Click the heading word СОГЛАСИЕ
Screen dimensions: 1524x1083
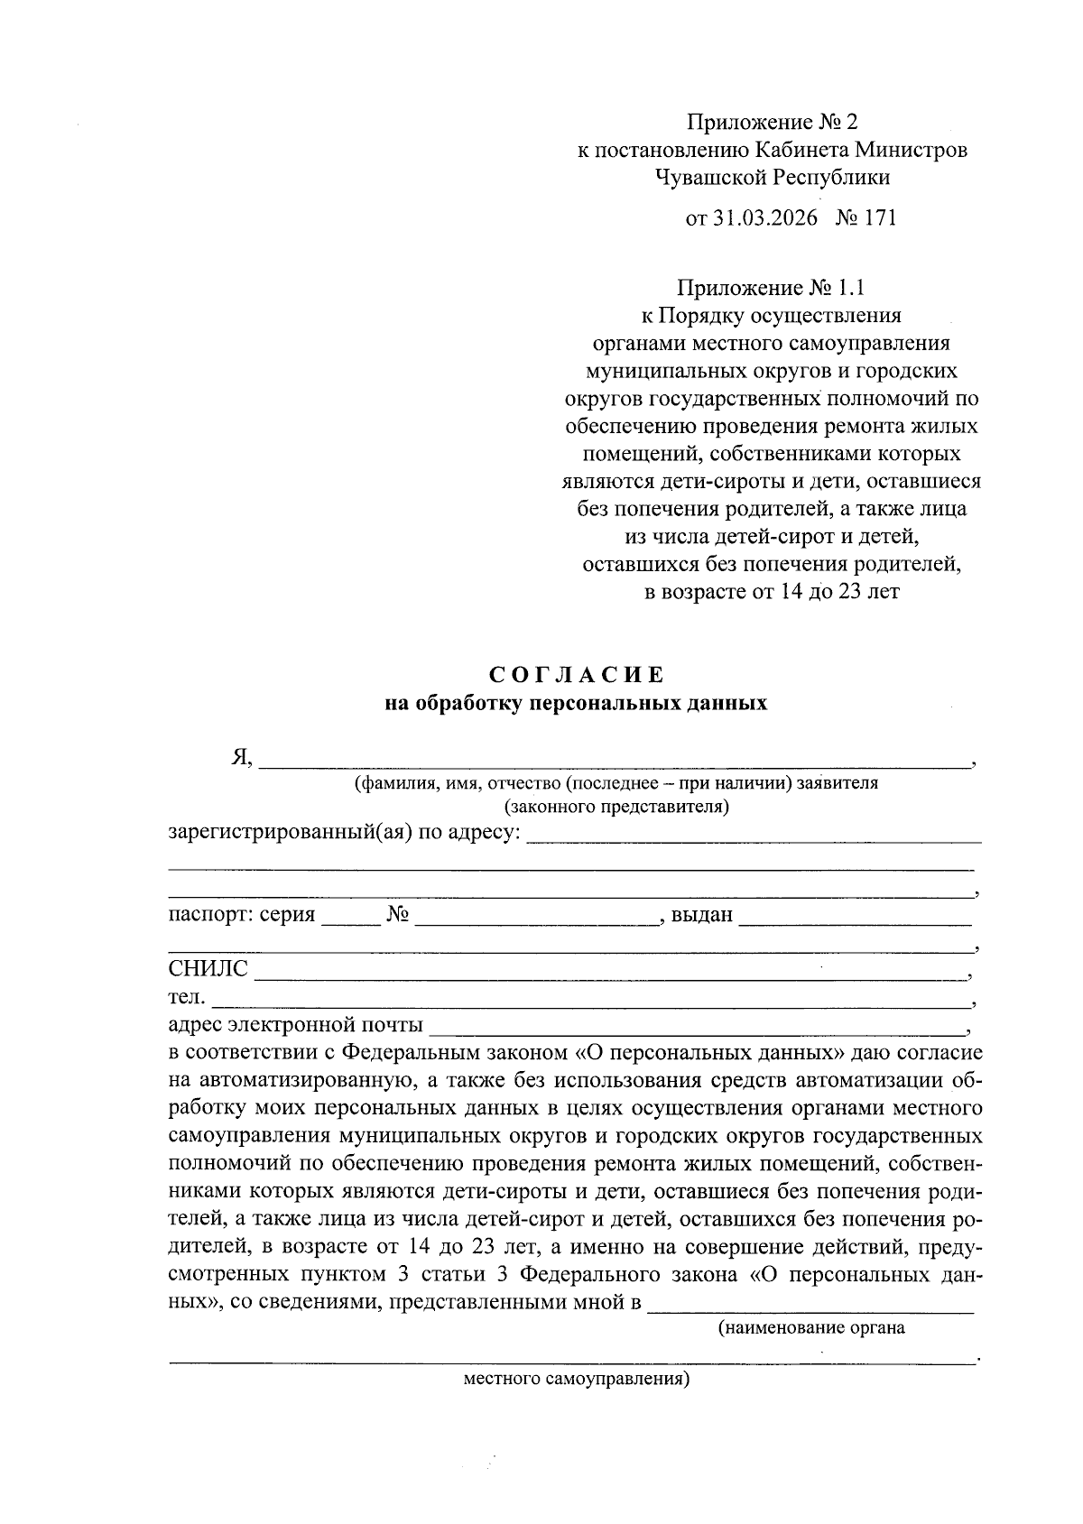click(x=577, y=675)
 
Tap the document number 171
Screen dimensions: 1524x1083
click(x=879, y=217)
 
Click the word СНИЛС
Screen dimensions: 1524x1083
click(x=208, y=969)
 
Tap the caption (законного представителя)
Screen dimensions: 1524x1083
click(x=616, y=806)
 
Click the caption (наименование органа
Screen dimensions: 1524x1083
click(x=811, y=1328)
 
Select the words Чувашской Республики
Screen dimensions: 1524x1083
click(x=773, y=178)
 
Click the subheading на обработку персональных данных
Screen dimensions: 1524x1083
click(x=576, y=704)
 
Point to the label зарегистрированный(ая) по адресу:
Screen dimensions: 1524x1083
click(x=345, y=831)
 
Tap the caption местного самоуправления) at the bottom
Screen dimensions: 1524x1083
click(x=576, y=1380)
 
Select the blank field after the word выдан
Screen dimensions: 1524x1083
click(x=854, y=919)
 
